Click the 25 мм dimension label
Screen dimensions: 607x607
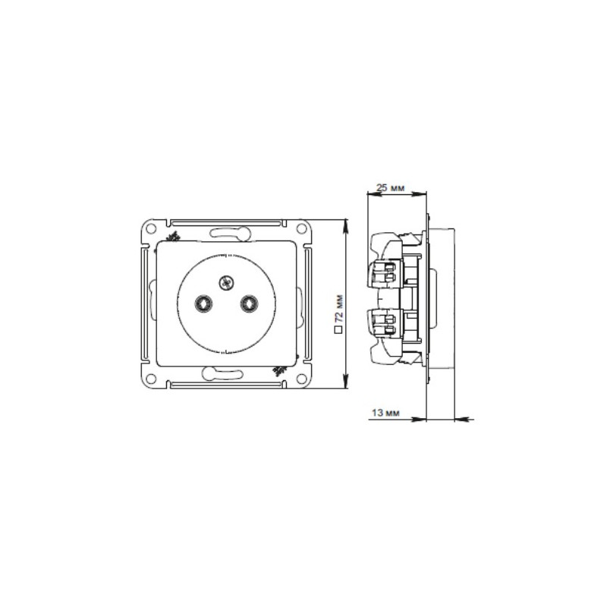click(x=390, y=187)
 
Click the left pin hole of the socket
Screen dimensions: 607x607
click(x=203, y=303)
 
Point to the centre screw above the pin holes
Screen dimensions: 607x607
click(x=225, y=284)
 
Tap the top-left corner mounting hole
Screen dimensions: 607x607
click(x=152, y=227)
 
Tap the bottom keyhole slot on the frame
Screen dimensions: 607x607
click(x=226, y=373)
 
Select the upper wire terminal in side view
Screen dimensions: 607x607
click(x=384, y=272)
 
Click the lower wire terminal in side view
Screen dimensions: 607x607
click(x=384, y=324)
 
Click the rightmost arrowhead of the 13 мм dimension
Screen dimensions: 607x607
click(x=458, y=417)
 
